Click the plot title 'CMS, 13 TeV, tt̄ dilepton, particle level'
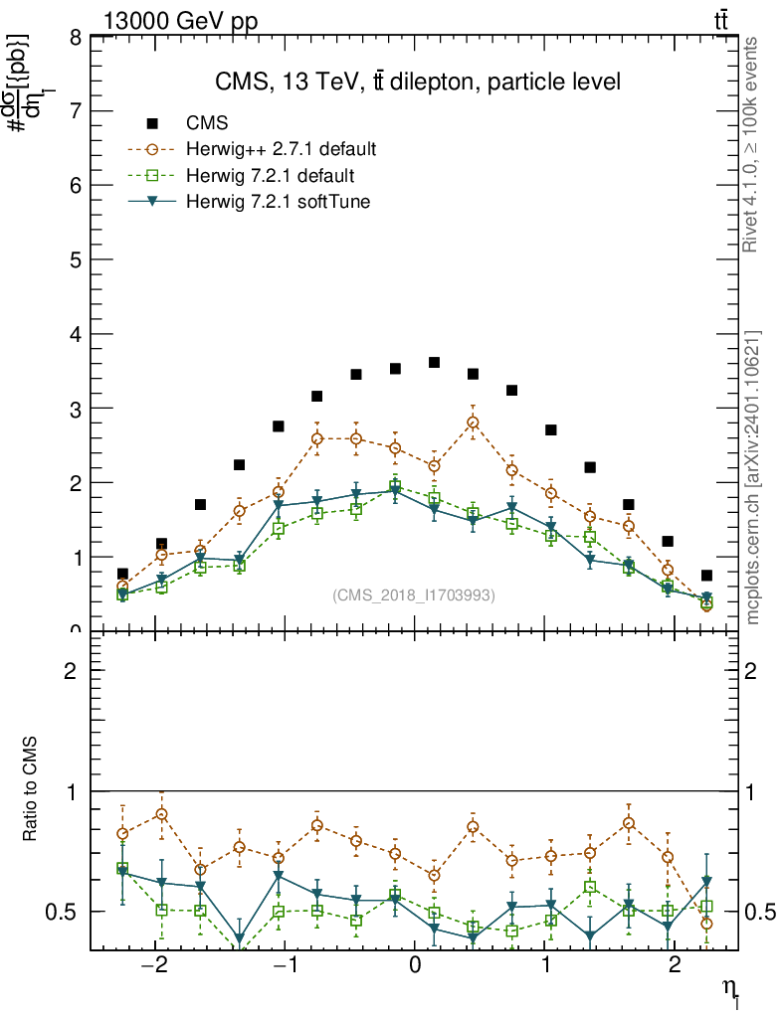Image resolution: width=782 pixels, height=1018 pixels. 418,83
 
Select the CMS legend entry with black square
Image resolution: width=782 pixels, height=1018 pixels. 152,123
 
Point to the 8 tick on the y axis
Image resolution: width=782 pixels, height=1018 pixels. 75,38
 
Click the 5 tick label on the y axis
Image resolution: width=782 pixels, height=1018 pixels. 75,260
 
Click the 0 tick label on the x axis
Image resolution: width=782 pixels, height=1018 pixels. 415,967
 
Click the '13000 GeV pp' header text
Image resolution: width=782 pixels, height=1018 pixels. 180,22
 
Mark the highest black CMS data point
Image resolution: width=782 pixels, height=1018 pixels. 434,362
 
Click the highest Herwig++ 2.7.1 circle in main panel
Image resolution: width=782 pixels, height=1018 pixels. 473,423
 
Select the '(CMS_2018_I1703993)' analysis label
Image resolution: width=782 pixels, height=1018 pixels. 414,594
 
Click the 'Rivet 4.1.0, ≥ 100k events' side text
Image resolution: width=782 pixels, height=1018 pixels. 752,145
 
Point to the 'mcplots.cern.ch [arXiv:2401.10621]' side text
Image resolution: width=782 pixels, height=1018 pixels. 752,477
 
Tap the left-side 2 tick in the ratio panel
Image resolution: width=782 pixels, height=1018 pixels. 75,671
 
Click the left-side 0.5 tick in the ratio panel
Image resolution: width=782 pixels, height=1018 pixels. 65,912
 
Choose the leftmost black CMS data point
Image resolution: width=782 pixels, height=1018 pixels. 122,574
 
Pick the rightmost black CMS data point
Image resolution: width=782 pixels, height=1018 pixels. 706,575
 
